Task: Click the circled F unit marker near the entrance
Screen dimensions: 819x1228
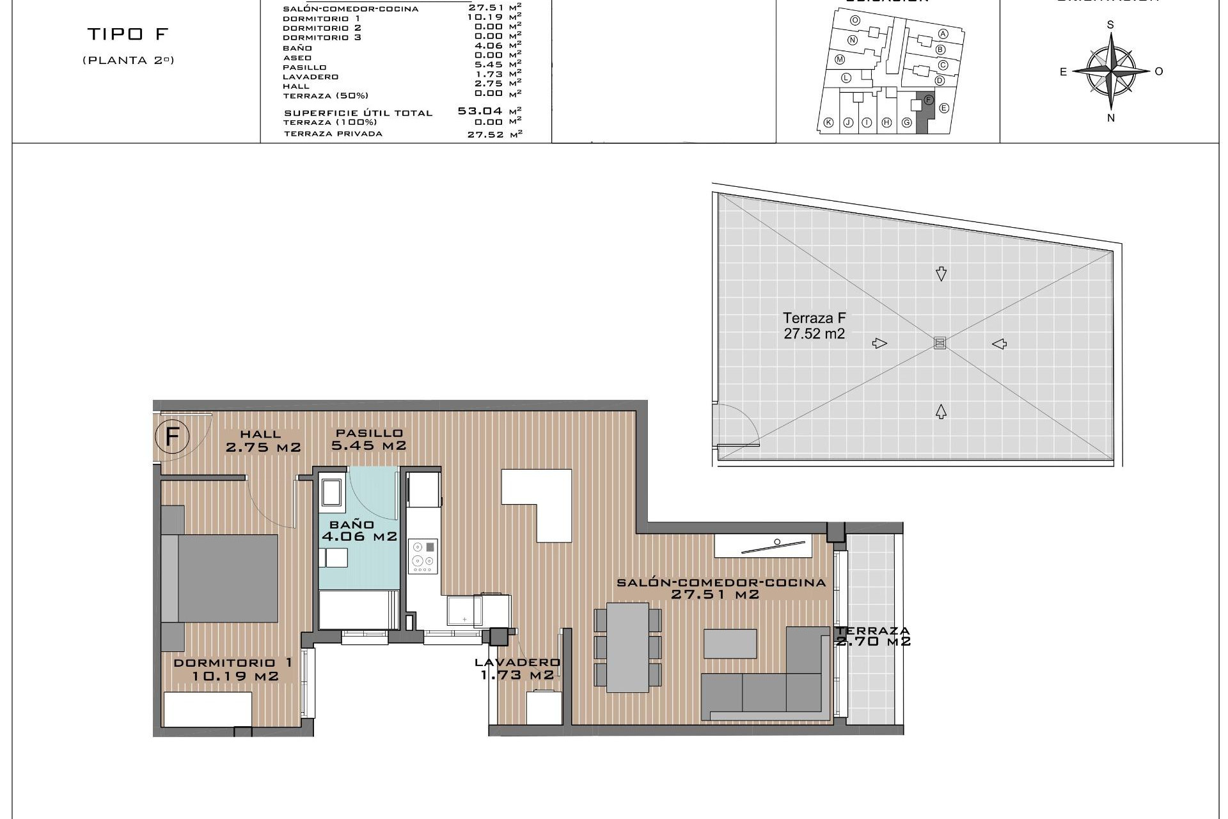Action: pyautogui.click(x=172, y=438)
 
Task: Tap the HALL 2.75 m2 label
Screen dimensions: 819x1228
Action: pyautogui.click(x=263, y=441)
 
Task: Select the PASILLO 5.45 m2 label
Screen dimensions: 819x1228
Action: pyautogui.click(x=368, y=440)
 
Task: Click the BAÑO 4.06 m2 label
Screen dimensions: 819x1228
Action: pyautogui.click(x=359, y=531)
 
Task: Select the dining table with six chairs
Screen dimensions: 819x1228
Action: pyautogui.click(x=627, y=647)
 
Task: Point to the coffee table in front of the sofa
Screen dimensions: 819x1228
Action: pyautogui.click(x=730, y=644)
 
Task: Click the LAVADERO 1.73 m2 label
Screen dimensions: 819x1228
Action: pyautogui.click(x=517, y=669)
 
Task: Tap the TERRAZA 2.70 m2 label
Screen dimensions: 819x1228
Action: pyautogui.click(x=872, y=636)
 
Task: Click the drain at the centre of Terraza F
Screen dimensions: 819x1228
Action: pyautogui.click(x=940, y=343)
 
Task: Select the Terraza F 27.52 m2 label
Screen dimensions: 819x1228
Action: pyautogui.click(x=814, y=326)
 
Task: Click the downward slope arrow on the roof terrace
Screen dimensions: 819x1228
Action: pyautogui.click(x=941, y=274)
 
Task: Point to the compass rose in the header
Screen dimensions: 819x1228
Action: pyautogui.click(x=1111, y=70)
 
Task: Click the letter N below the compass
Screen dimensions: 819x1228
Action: pyautogui.click(x=1111, y=118)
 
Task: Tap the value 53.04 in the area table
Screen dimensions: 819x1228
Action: pyautogui.click(x=480, y=111)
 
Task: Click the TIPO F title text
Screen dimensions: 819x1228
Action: pyautogui.click(x=127, y=34)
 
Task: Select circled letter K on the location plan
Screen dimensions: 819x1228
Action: pyautogui.click(x=829, y=123)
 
